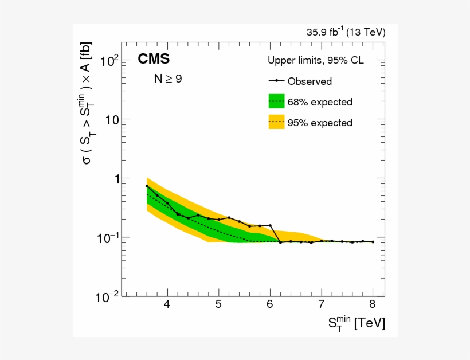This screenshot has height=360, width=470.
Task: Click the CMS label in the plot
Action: point(153,60)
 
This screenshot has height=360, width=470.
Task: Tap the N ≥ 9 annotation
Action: point(167,79)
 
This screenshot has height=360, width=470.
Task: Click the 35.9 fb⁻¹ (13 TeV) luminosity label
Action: point(346,32)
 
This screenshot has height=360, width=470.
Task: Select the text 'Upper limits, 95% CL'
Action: point(315,60)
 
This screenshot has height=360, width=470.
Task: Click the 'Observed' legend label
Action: point(310,81)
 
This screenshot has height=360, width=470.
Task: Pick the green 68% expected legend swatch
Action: point(277,101)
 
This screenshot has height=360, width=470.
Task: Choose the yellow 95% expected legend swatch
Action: point(277,122)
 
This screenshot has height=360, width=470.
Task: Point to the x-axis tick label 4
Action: point(167,304)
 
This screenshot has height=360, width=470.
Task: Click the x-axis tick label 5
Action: point(218,304)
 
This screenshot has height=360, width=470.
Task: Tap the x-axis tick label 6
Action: point(270,304)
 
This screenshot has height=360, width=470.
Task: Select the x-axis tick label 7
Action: point(322,304)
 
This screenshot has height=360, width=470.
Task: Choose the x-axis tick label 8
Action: point(373,304)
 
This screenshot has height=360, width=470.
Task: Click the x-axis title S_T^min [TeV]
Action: point(357,324)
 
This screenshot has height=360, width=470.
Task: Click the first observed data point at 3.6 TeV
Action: point(147,186)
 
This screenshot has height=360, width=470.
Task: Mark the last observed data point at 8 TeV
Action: point(373,242)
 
